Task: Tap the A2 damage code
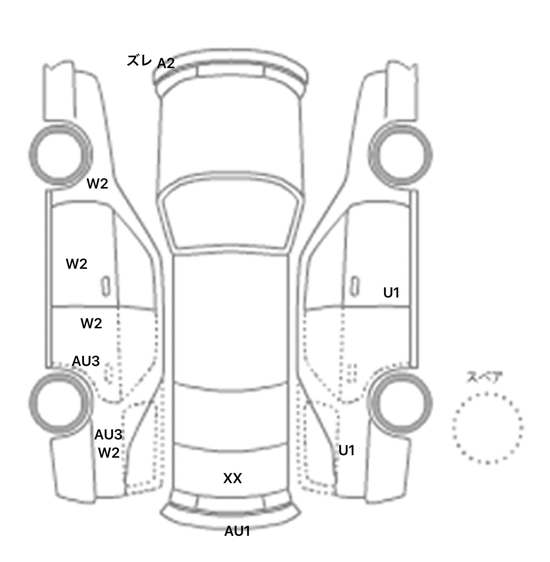[x=166, y=63]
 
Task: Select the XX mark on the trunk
[x=233, y=478]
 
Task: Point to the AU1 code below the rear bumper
[x=237, y=531]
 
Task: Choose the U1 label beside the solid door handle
[x=391, y=293]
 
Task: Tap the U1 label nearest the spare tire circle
[x=347, y=451]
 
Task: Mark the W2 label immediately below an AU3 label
[x=109, y=453]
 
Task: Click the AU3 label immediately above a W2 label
[x=108, y=435]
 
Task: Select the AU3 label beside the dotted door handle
[x=86, y=361]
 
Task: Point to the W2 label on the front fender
[x=97, y=184]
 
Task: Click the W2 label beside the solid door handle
[x=77, y=264]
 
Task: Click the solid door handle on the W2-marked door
[x=105, y=286]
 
